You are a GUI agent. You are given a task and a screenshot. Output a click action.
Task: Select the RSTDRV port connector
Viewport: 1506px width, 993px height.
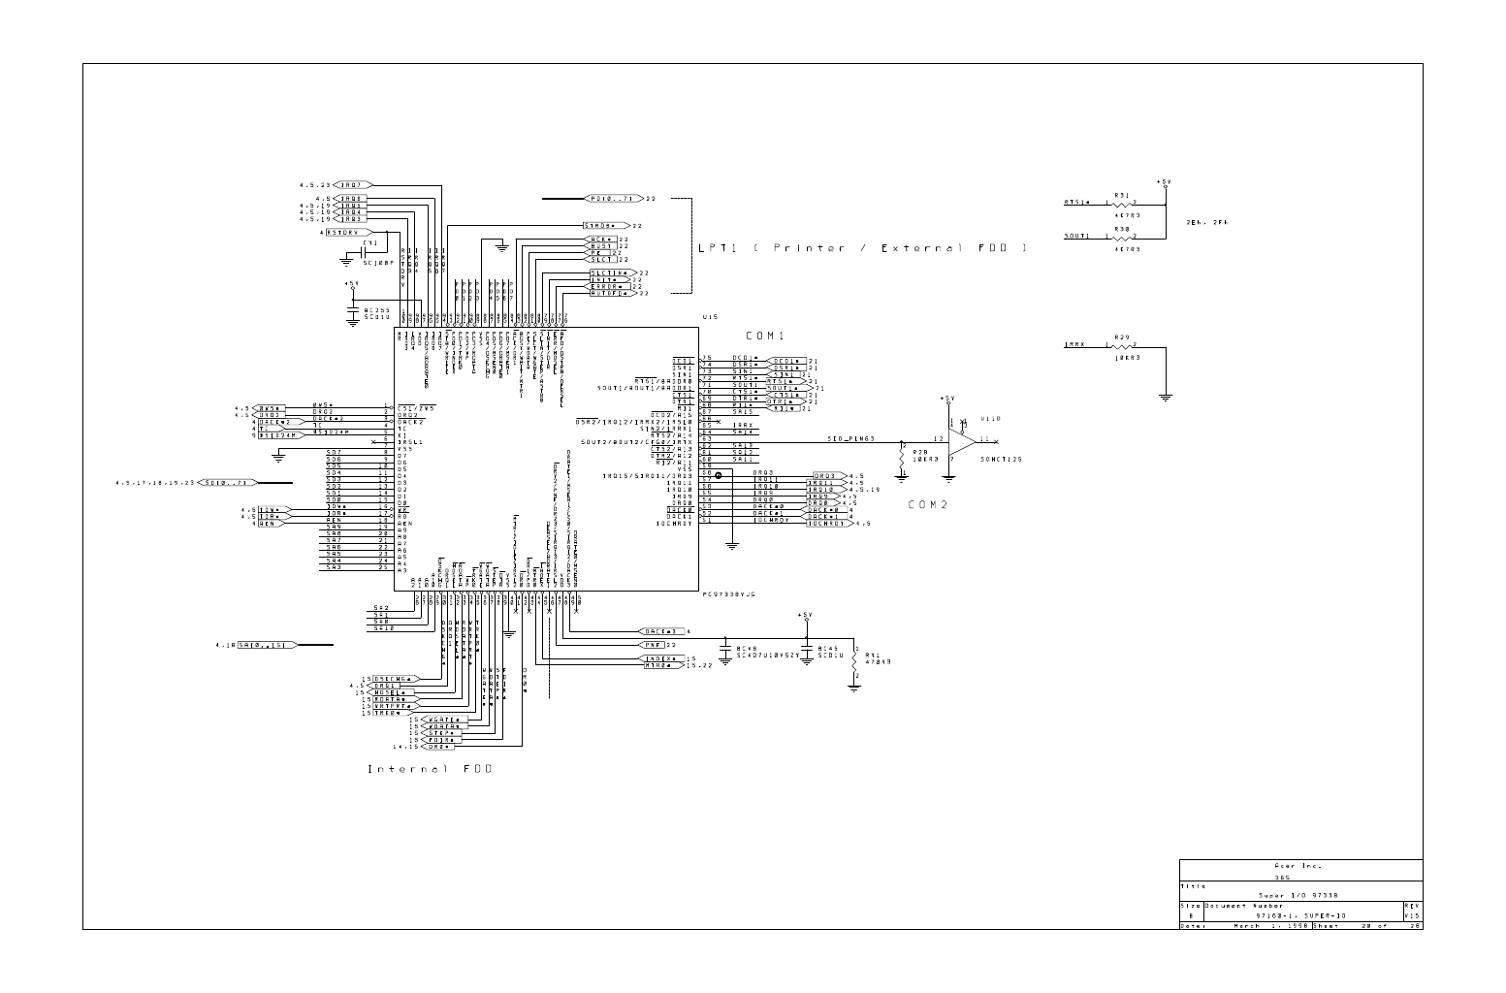[342, 233]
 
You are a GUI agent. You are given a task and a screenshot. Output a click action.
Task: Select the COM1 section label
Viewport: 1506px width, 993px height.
[765, 336]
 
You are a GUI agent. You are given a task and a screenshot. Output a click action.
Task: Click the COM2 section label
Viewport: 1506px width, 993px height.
[927, 504]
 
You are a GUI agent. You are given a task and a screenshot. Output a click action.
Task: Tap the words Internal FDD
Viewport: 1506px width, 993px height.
[430, 769]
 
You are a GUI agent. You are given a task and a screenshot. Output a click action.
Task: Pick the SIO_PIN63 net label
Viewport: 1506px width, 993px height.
[850, 438]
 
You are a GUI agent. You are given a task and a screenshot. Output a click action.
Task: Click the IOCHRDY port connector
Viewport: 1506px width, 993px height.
[827, 523]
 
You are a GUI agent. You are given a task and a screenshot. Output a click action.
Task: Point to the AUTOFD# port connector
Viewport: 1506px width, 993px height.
[610, 293]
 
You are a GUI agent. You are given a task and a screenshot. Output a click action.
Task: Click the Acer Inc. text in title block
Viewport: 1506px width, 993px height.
[1300, 865]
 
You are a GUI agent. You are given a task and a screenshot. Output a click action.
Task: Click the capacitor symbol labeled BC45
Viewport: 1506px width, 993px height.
[805, 649]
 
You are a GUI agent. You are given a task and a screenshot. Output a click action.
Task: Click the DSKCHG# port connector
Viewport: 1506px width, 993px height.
[394, 678]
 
